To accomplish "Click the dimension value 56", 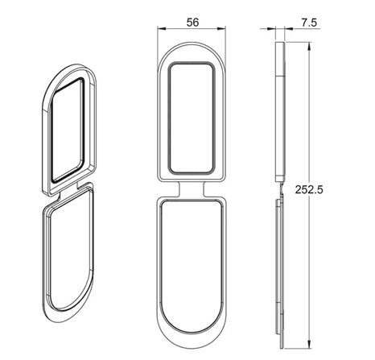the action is pos(192,23).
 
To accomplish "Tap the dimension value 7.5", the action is pos(309,23).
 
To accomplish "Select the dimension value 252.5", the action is pos(309,189).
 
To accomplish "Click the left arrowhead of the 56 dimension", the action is pos(161,28).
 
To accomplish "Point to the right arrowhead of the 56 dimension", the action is pos(222,28).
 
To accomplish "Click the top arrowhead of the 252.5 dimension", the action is pos(309,46).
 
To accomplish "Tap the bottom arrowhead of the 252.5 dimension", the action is pos(309,345).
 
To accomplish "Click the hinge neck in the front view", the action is pos(192,189).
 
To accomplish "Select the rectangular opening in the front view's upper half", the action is pos(191,118).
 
